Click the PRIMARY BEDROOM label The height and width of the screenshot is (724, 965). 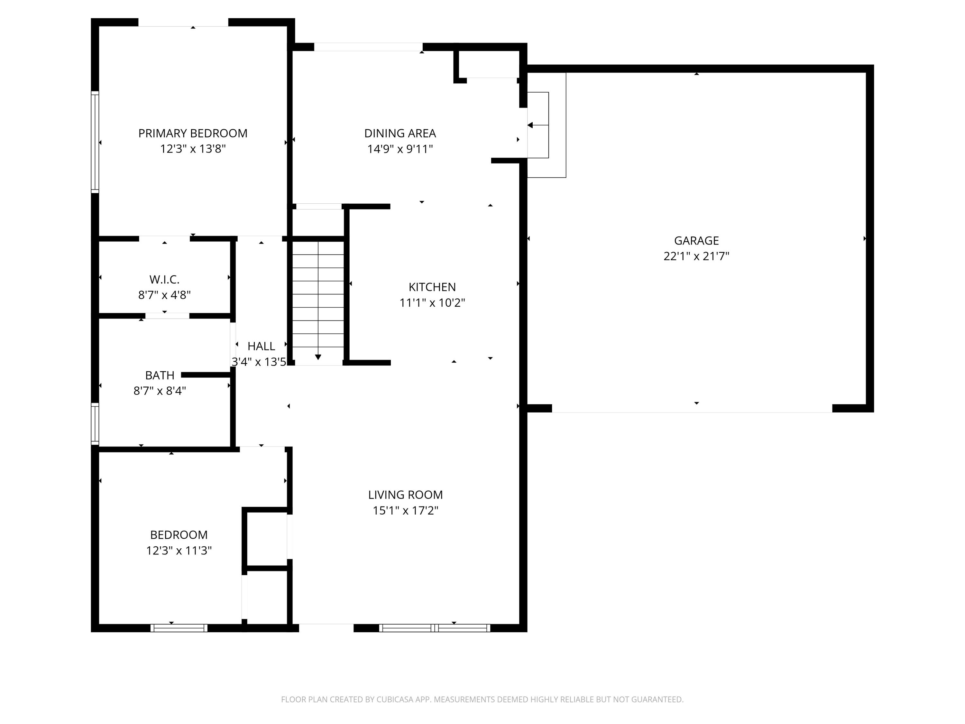click(x=192, y=134)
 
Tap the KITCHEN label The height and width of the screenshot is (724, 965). click(x=432, y=287)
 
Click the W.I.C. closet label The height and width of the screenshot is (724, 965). click(x=164, y=280)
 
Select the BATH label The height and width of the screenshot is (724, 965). click(x=159, y=375)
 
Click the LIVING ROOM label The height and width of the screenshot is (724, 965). click(x=405, y=495)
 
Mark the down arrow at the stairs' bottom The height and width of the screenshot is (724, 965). click(x=318, y=357)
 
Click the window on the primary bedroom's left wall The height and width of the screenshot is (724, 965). click(x=95, y=142)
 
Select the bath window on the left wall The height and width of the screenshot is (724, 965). click(x=95, y=424)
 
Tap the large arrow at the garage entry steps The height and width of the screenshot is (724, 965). click(x=530, y=125)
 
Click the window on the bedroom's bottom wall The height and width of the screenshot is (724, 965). click(x=179, y=628)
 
